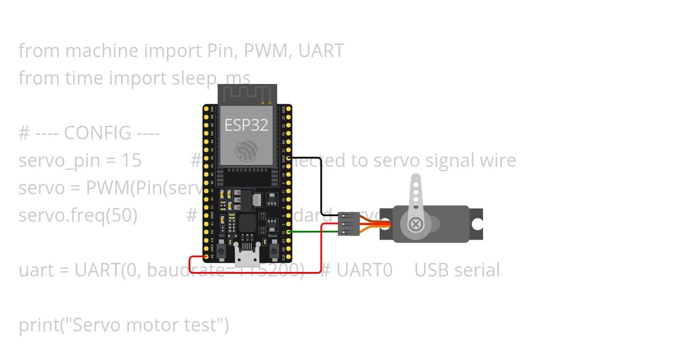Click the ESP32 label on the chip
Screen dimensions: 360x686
(x=246, y=125)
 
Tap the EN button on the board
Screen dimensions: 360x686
(x=222, y=251)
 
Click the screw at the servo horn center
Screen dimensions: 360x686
(x=416, y=225)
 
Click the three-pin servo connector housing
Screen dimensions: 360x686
(x=349, y=224)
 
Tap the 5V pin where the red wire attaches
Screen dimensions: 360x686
(x=206, y=257)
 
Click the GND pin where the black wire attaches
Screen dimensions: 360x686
(x=289, y=157)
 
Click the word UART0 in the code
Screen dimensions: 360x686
(x=364, y=270)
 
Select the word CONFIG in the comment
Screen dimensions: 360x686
(x=98, y=133)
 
